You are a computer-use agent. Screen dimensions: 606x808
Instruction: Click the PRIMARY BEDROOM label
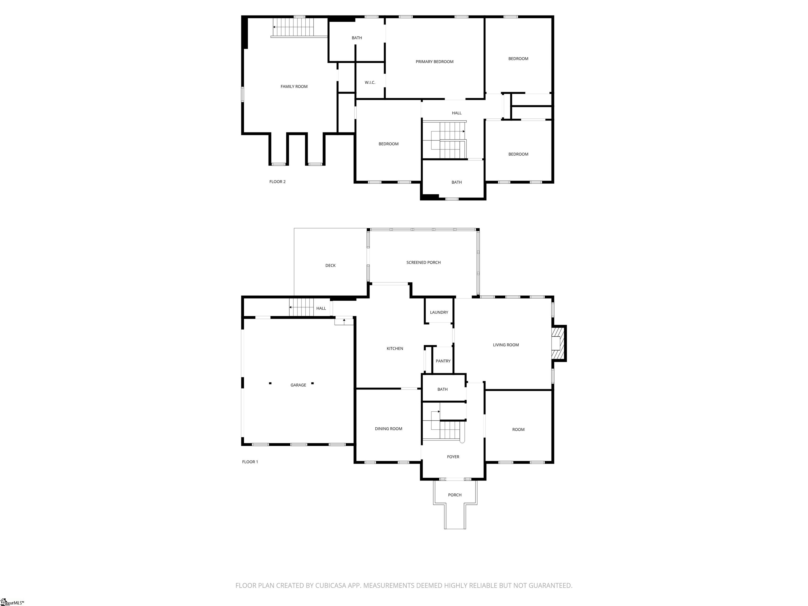coord(434,62)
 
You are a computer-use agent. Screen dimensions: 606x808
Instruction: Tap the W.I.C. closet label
coord(370,83)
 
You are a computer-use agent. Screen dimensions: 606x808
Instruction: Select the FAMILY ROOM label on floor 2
coord(294,87)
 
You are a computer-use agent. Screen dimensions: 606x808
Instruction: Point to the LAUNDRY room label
coord(439,312)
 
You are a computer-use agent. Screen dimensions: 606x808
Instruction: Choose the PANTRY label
coord(443,361)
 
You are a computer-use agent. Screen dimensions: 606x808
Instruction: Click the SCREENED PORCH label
coord(423,262)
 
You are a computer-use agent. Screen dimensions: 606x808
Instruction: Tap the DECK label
coord(330,266)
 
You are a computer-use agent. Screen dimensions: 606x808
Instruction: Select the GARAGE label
coord(298,385)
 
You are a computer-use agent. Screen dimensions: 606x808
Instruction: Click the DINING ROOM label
coord(388,429)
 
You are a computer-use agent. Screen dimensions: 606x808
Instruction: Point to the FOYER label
coord(453,457)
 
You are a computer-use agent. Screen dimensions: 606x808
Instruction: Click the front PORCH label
coord(454,495)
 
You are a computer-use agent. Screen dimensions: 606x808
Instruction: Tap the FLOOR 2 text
coord(277,181)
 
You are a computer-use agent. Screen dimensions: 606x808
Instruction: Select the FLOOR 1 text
coord(250,462)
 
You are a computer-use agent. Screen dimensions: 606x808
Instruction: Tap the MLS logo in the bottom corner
coord(11,602)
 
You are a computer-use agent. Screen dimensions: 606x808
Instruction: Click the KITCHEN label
coord(395,349)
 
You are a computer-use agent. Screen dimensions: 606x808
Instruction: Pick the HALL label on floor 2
coord(456,113)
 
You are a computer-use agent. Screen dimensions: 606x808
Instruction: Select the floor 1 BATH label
coord(442,389)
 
